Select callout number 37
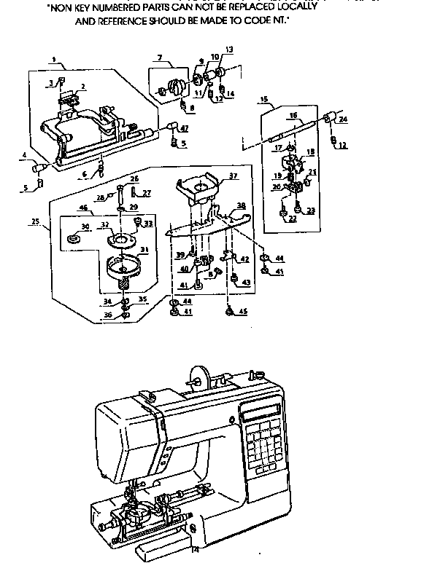pyautogui.click(x=233, y=176)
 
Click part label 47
pyautogui.click(x=185, y=128)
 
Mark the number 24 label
pyautogui.click(x=342, y=119)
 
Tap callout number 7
pyautogui.click(x=158, y=58)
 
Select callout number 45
pyautogui.click(x=242, y=312)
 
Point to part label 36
pyautogui.click(x=107, y=315)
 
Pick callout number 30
pyautogui.click(x=85, y=227)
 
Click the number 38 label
pyautogui.click(x=241, y=206)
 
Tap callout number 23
pyautogui.click(x=312, y=211)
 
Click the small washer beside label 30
pyautogui.click(x=73, y=238)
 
